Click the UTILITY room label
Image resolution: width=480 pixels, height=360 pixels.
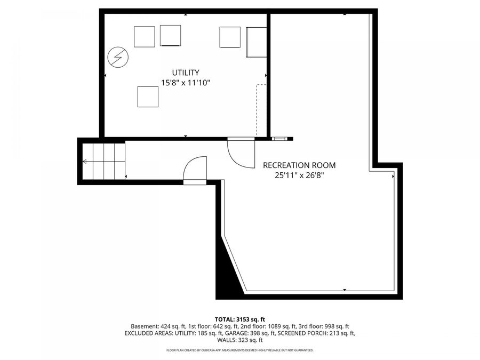pyautogui.click(x=186, y=73)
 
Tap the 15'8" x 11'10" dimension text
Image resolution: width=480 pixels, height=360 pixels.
pyautogui.click(x=186, y=83)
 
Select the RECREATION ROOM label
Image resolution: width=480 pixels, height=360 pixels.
pyautogui.click(x=299, y=165)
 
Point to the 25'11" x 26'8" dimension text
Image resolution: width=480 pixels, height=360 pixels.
pyautogui.click(x=299, y=175)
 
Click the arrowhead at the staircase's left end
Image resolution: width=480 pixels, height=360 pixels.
pyautogui.click(x=84, y=162)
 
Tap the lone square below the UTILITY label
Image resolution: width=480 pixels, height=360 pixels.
pyautogui.click(x=148, y=97)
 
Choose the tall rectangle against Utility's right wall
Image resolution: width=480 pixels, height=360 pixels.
pyautogui.click(x=256, y=42)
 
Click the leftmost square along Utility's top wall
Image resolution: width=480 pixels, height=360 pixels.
pyautogui.click(x=144, y=37)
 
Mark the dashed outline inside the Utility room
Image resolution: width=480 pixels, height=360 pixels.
pyautogui.click(x=261, y=110)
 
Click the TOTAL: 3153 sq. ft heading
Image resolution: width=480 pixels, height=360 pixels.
pyautogui.click(x=240, y=319)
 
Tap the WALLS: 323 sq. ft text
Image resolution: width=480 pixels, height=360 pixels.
pyautogui.click(x=240, y=340)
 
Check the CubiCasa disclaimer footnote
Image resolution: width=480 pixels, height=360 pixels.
pyautogui.click(x=240, y=350)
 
